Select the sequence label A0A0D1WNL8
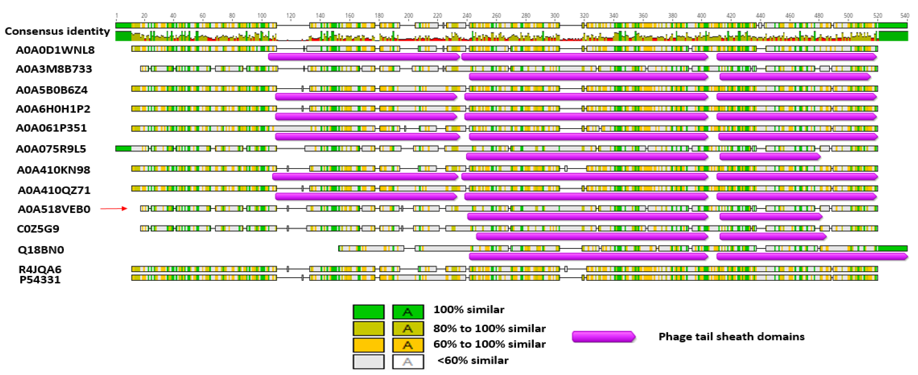tap(55, 50)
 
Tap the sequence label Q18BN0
tap(41, 250)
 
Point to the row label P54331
tap(40, 280)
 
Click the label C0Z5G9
tap(38, 229)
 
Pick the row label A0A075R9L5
tap(51, 149)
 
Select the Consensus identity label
tap(57, 31)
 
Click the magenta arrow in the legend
tap(603, 337)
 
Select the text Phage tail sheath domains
tap(731, 337)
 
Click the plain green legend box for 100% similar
tap(369, 312)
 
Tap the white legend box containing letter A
tap(408, 362)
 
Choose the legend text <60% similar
tap(473, 360)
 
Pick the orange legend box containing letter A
tap(408, 345)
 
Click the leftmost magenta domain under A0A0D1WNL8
tap(364, 57)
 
